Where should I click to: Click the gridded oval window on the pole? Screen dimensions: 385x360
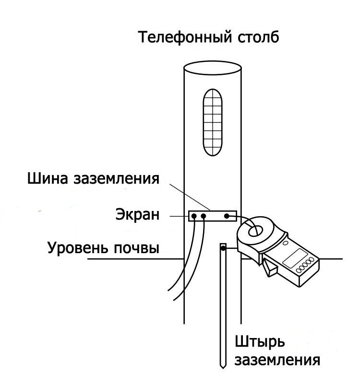click(x=212, y=122)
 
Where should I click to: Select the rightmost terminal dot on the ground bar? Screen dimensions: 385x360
click(x=227, y=217)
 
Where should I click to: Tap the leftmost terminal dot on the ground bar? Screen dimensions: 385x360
click(x=194, y=217)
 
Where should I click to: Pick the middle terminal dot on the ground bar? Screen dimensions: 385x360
click(x=204, y=217)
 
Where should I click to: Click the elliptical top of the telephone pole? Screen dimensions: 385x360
click(x=213, y=70)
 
